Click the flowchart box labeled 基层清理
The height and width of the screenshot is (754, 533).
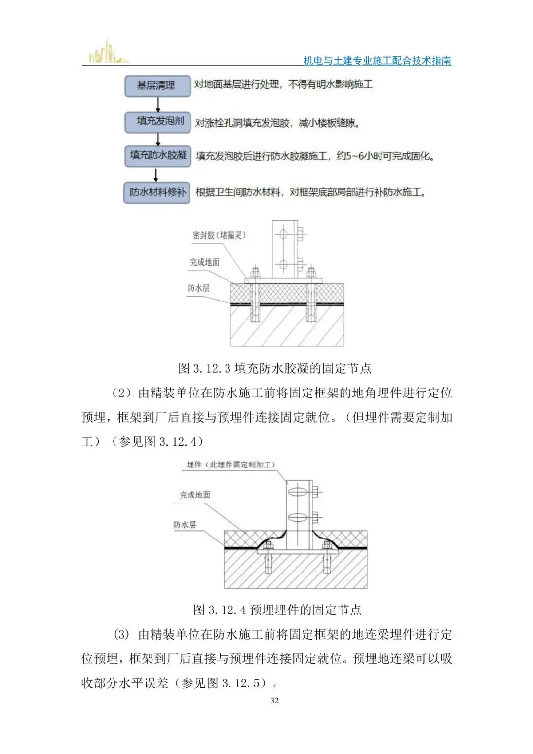point(157,86)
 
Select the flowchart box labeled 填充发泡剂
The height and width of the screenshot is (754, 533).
point(157,121)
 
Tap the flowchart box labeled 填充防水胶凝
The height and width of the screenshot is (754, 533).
point(157,156)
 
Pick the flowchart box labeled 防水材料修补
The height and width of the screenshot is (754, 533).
point(157,192)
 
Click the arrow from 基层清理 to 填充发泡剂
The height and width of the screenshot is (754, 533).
point(158,104)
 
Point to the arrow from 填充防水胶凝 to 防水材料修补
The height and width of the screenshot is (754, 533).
point(156,175)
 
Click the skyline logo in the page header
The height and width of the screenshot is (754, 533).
point(107,53)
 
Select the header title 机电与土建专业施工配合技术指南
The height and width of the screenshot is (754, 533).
point(377,61)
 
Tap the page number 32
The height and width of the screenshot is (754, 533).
point(274,700)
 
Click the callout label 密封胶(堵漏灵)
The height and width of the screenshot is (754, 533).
point(219,235)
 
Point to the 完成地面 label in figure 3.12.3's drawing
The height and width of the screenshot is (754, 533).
point(204,262)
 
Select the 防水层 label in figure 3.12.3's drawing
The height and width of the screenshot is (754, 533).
point(198,288)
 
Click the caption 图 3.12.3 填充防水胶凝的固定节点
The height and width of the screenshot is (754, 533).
point(274,368)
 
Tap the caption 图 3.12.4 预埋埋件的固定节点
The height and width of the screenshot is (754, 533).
point(277,610)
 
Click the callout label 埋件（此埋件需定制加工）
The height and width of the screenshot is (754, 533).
point(230,465)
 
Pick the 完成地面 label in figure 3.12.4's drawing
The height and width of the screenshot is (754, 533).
point(194,495)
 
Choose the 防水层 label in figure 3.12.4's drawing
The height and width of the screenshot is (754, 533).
point(185,525)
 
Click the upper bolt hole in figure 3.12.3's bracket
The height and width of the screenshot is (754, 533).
point(283,234)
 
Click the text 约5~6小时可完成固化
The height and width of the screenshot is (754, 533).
point(385,156)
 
